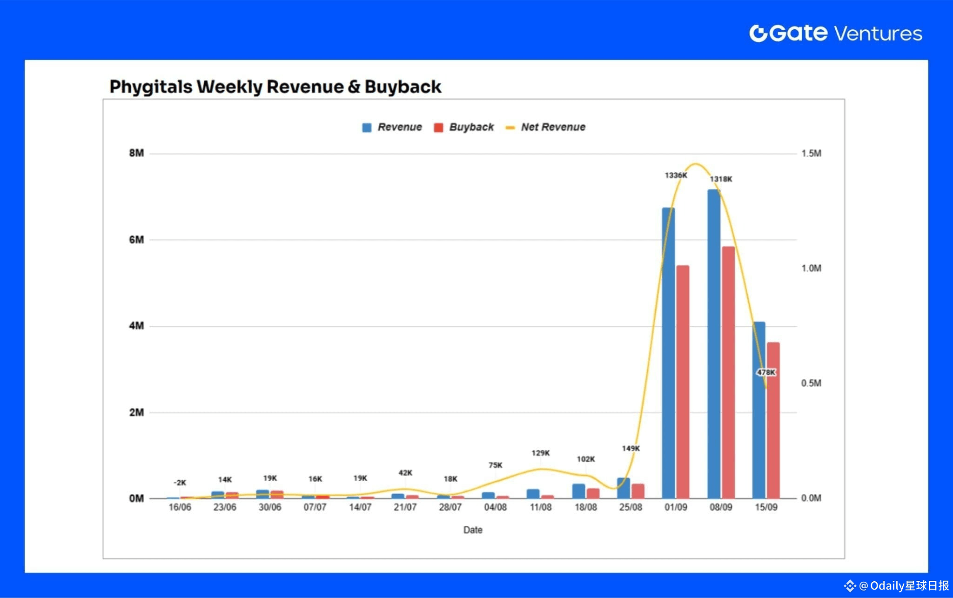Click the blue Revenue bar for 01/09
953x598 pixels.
668,354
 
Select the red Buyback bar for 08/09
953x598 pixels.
728,372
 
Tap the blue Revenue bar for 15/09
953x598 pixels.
758,410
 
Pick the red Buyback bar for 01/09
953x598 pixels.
683,382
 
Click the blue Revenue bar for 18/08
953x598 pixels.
578,491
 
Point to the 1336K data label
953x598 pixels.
676,175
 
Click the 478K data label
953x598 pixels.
766,372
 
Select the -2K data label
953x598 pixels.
180,483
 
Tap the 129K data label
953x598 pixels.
541,453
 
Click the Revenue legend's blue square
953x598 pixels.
367,128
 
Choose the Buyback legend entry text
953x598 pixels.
471,127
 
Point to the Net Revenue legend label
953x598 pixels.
553,127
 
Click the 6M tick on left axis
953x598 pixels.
136,240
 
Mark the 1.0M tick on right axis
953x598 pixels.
811,269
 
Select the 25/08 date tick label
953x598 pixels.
631,507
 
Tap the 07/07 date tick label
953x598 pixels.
315,507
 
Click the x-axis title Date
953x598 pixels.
473,530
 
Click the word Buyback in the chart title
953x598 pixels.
403,87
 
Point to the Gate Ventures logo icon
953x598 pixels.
758,33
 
